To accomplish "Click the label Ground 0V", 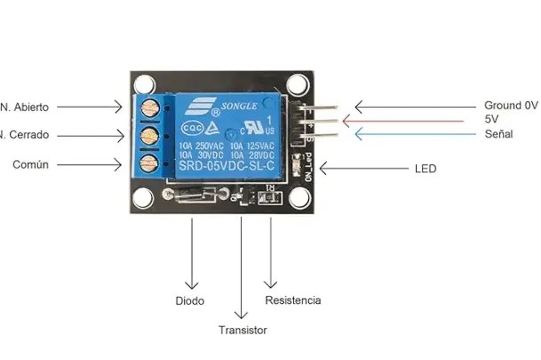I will point(510,105).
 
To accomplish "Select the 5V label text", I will point(492,119).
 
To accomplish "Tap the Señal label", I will point(498,134).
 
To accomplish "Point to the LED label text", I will point(426,168).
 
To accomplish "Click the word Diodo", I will point(189,300).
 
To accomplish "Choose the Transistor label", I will point(243,330).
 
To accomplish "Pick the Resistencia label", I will point(293,300).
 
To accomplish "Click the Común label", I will point(30,164).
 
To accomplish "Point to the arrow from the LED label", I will point(355,168).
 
